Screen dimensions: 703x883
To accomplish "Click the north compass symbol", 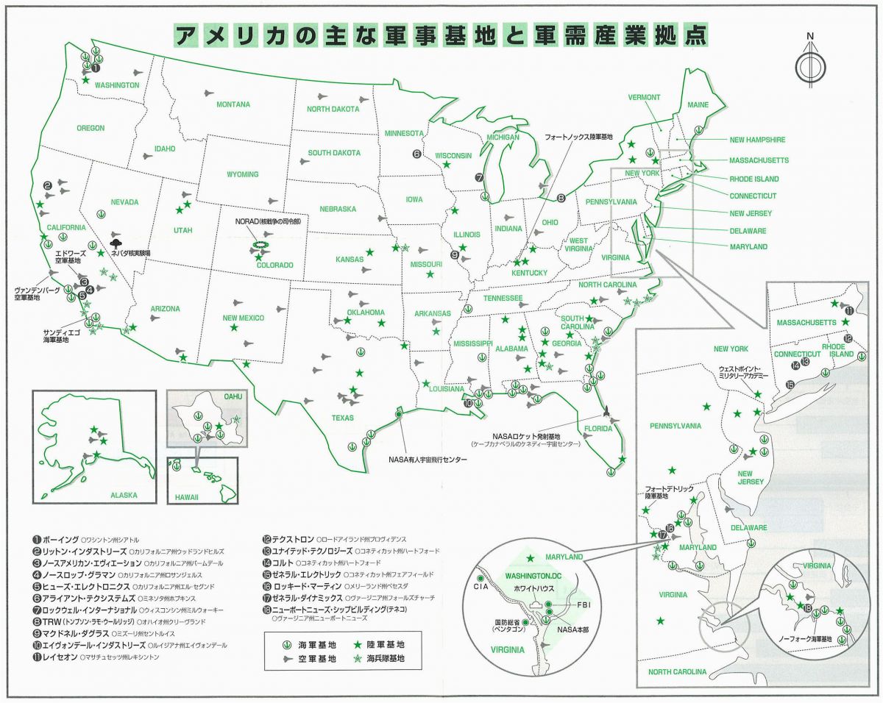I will coord(809,65).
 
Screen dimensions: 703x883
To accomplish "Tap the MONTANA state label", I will coord(233,104).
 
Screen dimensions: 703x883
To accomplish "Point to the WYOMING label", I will coord(242,174).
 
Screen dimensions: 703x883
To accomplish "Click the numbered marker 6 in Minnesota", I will coord(416,154).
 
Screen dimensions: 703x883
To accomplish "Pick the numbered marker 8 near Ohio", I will coord(561,197).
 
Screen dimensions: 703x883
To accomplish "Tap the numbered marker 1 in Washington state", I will coord(96,68).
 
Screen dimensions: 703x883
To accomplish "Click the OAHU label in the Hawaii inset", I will coord(233,396).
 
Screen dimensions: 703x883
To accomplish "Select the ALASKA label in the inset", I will coord(124,495).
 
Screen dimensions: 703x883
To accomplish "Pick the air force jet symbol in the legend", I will coord(277,658).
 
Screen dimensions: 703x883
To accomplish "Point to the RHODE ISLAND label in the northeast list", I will coord(753,179).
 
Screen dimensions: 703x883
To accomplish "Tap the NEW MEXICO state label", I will coord(243,318).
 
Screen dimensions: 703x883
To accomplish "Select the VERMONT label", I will coord(644,97).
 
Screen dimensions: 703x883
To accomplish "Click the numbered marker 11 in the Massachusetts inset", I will coord(848,312).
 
